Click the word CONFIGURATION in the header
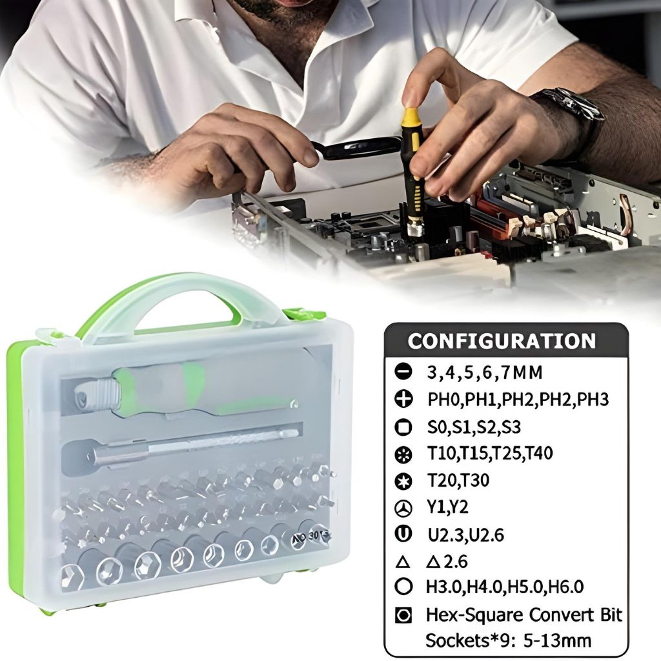(502, 341)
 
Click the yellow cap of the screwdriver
(411, 119)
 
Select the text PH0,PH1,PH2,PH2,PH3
(518, 399)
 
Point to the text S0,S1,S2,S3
(474, 427)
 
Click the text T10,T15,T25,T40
(490, 454)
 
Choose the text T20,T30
(458, 480)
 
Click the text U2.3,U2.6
(466, 535)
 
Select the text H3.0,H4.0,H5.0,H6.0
(505, 587)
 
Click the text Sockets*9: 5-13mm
(508, 641)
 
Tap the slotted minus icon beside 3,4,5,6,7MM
(403, 372)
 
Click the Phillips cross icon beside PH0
(403, 399)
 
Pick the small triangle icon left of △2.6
(403, 562)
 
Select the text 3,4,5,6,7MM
(484, 372)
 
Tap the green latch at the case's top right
(303, 315)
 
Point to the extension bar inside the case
(182, 448)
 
